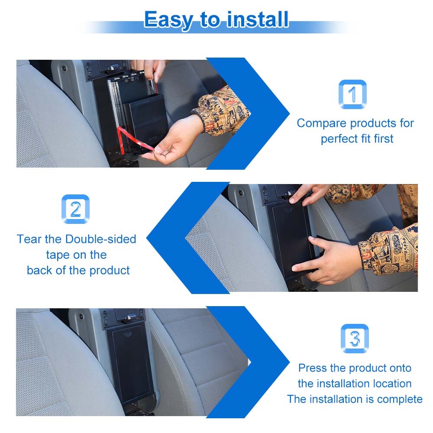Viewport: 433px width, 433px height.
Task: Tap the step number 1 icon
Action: pyautogui.click(x=352, y=94)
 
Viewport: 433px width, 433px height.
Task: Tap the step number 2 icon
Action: pyautogui.click(x=75, y=210)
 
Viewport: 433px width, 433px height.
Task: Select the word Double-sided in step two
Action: pyautogui.click(x=101, y=239)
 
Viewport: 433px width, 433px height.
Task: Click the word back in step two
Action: pyautogui.click(x=40, y=271)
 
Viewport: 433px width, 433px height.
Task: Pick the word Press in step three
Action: pyautogui.click(x=313, y=368)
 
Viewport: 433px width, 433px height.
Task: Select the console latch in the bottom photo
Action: pyautogui.click(x=126, y=320)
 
